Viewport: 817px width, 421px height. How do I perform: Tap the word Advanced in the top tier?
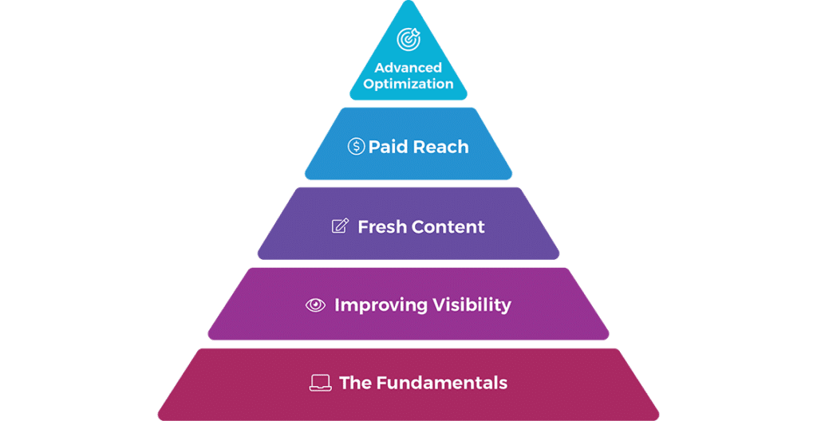click(x=408, y=68)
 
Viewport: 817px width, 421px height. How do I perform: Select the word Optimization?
click(x=408, y=83)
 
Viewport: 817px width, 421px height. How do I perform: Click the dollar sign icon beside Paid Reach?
click(x=356, y=147)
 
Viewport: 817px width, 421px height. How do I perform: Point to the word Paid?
click(x=387, y=147)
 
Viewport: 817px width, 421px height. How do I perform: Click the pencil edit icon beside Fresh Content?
click(x=340, y=226)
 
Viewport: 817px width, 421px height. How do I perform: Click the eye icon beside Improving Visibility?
click(x=316, y=305)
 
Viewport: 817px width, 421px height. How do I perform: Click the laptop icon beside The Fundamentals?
click(x=320, y=384)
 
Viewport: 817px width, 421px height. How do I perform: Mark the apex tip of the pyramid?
click(x=408, y=3)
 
